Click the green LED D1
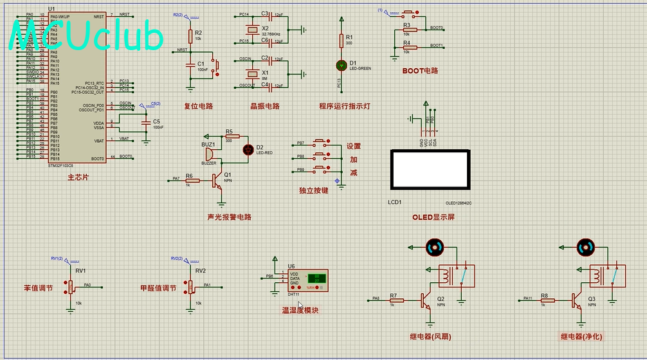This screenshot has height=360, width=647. pos(342,65)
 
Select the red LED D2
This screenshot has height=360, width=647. pos(248,149)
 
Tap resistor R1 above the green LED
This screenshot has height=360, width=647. pos(342,40)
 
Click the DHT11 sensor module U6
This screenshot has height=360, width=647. pos(307,279)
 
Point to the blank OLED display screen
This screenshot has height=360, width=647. pos(430,170)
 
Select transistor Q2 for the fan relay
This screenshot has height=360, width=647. pos(426,300)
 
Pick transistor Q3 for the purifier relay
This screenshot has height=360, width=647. pos(578,300)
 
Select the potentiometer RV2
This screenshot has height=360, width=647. pos(190,286)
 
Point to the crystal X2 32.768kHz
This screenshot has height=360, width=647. pos(252,29)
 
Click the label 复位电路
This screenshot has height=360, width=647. pos(198,106)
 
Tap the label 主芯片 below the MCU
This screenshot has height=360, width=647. pos(77,177)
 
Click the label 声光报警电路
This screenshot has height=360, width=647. pos(230,217)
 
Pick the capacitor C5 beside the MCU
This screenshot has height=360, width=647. pos(146,122)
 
